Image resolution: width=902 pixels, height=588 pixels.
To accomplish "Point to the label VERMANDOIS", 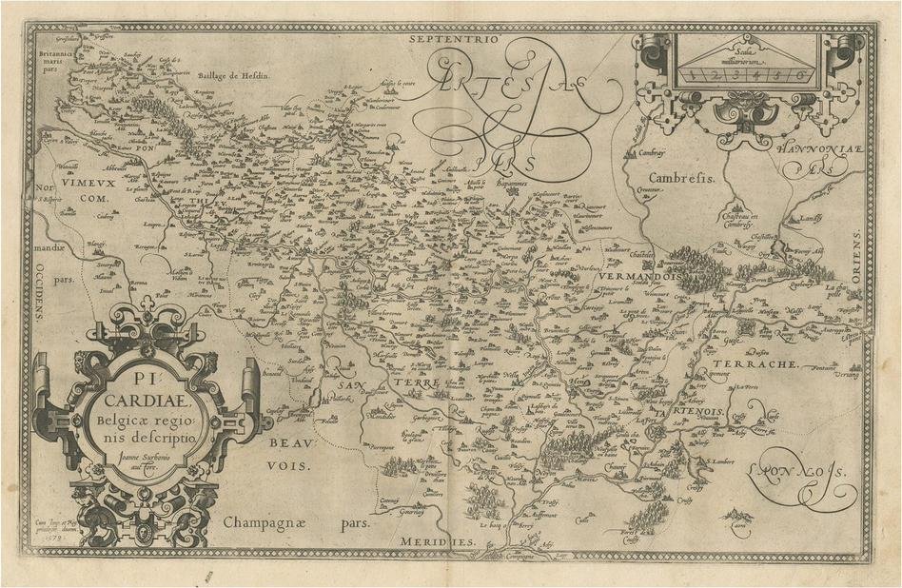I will click(637, 275).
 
